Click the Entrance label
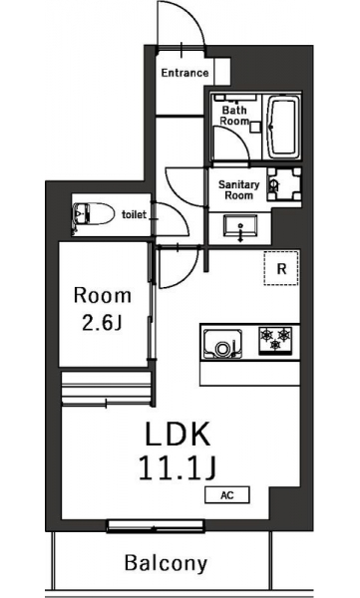(184, 73)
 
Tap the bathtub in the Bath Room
(283, 127)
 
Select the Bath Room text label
(234, 116)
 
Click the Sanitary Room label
(238, 190)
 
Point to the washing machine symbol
(284, 184)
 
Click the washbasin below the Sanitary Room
(240, 226)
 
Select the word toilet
(134, 214)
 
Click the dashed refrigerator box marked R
(281, 268)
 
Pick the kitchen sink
(222, 343)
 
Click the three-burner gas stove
(275, 341)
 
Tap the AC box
(227, 495)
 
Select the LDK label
(178, 434)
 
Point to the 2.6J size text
(102, 323)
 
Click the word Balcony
(167, 564)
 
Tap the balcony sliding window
(155, 526)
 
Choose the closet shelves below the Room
(107, 388)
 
